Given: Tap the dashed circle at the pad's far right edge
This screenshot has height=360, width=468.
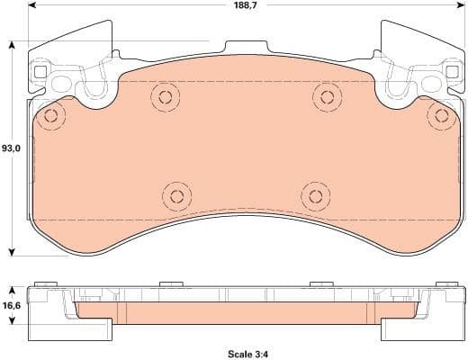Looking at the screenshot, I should tap(440, 114).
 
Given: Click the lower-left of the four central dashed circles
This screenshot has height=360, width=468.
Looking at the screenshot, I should tap(175, 194).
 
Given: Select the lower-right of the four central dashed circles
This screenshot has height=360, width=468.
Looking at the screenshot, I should tap(313, 194).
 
